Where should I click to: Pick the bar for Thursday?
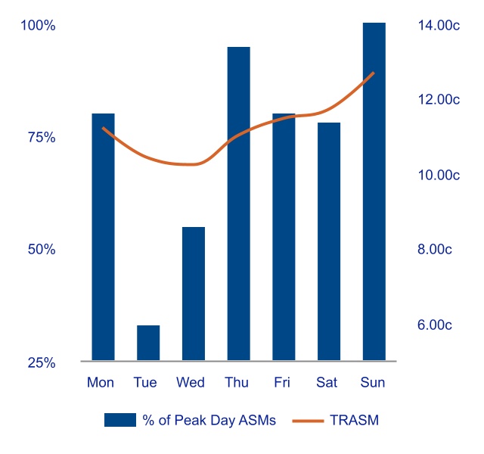[238, 204]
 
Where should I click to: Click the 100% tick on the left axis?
[38, 26]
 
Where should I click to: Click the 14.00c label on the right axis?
[439, 26]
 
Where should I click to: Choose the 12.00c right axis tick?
[439, 100]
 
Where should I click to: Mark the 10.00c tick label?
[439, 176]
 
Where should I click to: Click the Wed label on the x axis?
[191, 383]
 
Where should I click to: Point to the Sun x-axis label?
[373, 383]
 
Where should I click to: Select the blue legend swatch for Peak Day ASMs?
[119, 421]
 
